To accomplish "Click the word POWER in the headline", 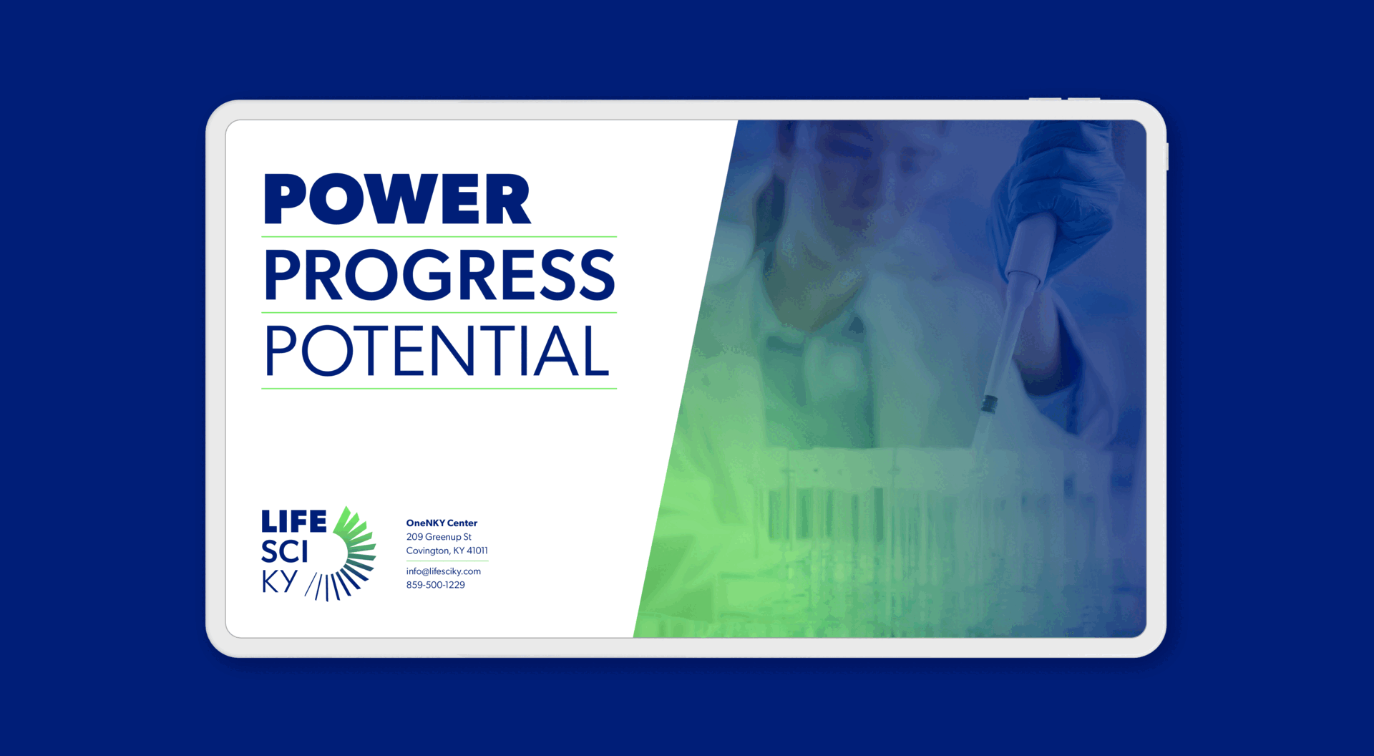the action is click(397, 199).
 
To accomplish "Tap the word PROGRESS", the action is click(439, 275).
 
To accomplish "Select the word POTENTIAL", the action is click(437, 351).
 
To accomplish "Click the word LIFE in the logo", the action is click(293, 521).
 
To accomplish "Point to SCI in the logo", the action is click(284, 552).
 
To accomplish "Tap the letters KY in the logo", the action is click(279, 582).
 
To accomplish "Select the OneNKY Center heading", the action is click(442, 523).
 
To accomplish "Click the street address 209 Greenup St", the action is click(439, 537).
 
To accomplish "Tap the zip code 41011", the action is click(477, 551).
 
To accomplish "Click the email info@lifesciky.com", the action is click(444, 571).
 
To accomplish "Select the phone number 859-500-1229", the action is click(436, 585).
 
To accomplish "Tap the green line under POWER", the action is click(439, 236).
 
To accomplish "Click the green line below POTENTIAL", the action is click(439, 389).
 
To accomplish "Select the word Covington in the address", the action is click(428, 551).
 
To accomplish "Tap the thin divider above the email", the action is click(447, 561).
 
